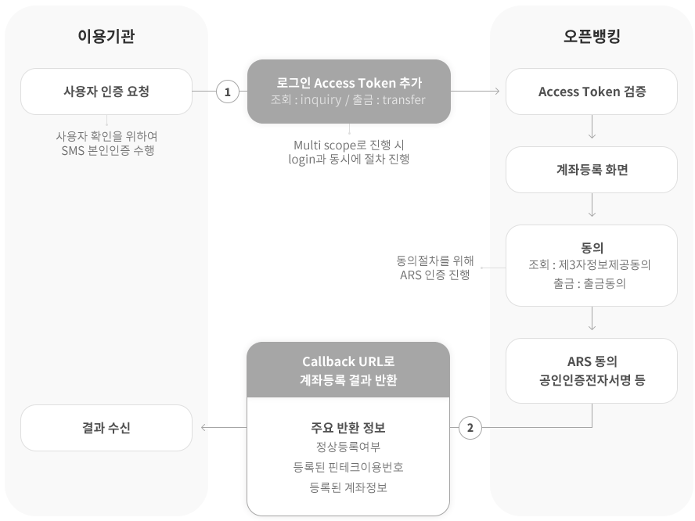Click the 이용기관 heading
tap(106, 36)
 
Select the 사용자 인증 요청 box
tap(106, 92)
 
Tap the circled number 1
tap(227, 92)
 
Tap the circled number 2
tap(470, 427)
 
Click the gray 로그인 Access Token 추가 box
tap(349, 92)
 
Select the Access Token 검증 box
tap(591, 92)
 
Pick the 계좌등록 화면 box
tap(591, 169)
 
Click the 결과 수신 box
tap(106, 427)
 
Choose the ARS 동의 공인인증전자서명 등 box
tap(591, 371)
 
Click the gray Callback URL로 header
tap(349, 370)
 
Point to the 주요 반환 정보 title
tap(349, 427)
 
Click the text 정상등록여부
tap(349, 447)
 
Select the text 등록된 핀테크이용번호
tap(349, 467)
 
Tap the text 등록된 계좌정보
tap(349, 487)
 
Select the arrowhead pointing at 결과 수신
tap(205, 427)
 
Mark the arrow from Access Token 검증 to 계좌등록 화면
tap(592, 128)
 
